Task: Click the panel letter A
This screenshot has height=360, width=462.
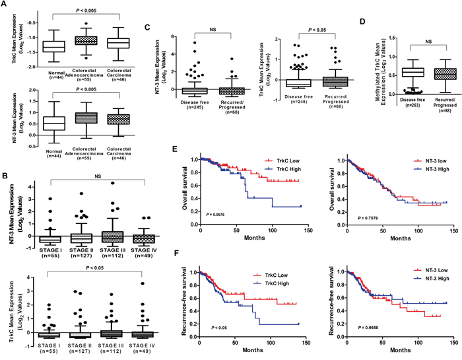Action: coord(5,6)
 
